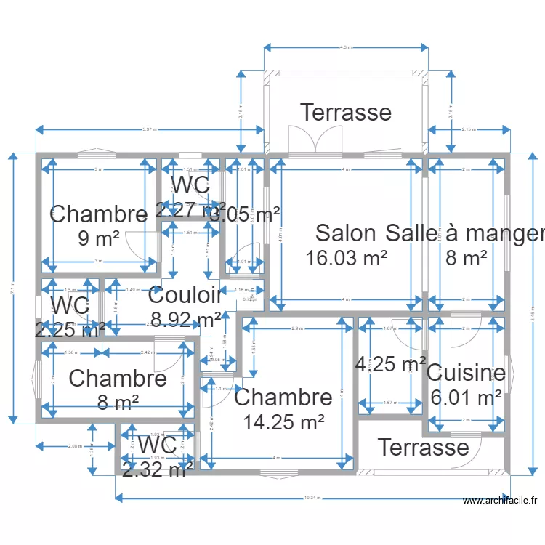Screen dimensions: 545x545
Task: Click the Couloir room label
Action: coord(185,295)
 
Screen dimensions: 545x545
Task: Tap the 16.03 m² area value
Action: coord(346,257)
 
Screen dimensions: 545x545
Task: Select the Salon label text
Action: coord(346,233)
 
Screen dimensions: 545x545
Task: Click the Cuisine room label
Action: coord(466,374)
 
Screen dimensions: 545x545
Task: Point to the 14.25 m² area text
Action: coord(283,421)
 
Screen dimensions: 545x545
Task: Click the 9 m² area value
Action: coord(98,238)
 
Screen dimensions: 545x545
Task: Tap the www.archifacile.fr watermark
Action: coord(501,500)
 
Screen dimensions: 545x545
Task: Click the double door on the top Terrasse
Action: coord(315,140)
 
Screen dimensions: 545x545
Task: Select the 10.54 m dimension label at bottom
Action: coord(312,498)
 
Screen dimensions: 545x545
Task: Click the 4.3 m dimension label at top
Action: coord(346,47)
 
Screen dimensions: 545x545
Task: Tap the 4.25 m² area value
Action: coord(390,364)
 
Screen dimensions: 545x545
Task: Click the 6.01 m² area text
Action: coord(466,397)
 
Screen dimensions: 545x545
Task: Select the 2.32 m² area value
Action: coord(158,470)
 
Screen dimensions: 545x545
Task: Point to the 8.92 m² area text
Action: coord(186,318)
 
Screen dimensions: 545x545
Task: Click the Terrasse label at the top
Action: coord(346,113)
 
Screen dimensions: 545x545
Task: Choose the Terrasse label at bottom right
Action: coord(423,447)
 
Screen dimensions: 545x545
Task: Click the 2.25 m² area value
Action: coord(70,329)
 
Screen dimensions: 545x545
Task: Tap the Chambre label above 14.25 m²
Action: coord(283,397)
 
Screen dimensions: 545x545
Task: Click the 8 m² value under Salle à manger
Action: coord(466,257)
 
